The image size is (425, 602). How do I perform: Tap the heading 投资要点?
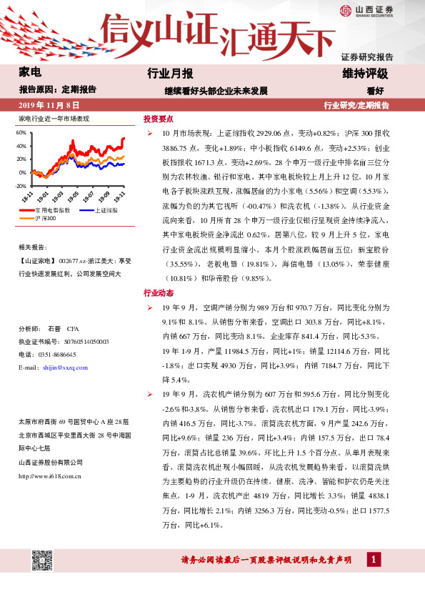[159, 119]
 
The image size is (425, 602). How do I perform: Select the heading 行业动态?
[159, 293]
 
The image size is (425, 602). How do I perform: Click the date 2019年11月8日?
[46, 105]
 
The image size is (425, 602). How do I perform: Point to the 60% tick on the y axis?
[21, 133]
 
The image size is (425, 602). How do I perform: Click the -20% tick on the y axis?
[20, 185]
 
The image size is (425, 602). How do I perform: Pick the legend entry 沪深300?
[47, 217]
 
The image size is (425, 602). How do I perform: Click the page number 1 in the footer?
[373, 559]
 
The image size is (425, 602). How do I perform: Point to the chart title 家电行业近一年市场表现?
[54, 119]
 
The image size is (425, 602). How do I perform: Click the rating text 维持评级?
[365, 74]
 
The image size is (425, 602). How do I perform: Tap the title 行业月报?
[170, 74]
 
